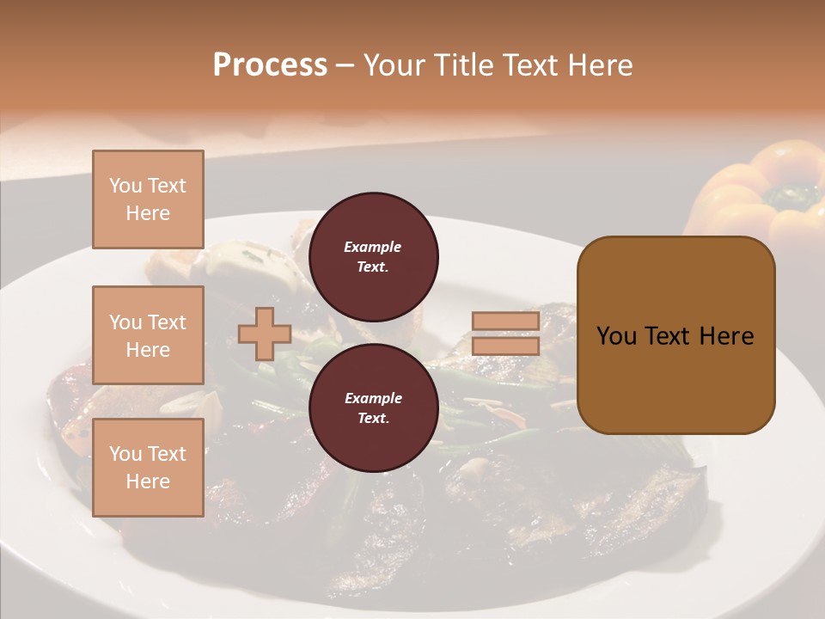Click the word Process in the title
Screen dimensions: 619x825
click(270, 65)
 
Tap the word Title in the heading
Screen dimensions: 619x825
click(465, 65)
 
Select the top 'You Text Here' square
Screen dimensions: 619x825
click(148, 199)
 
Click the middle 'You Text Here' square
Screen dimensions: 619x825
click(148, 335)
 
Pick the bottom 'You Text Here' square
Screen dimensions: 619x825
click(148, 468)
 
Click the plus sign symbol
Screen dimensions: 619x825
click(264, 334)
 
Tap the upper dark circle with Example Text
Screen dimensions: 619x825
click(373, 257)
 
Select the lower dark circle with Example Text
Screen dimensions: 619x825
click(373, 408)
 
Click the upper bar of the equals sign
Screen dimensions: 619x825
click(505, 321)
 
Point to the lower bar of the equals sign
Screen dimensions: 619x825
click(505, 346)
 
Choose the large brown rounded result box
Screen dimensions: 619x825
click(675, 335)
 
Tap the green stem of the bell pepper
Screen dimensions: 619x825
click(791, 195)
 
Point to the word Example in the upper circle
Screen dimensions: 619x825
click(373, 248)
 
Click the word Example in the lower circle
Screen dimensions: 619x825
click(373, 399)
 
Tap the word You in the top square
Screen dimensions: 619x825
click(125, 186)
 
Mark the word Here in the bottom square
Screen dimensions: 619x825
click(148, 481)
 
